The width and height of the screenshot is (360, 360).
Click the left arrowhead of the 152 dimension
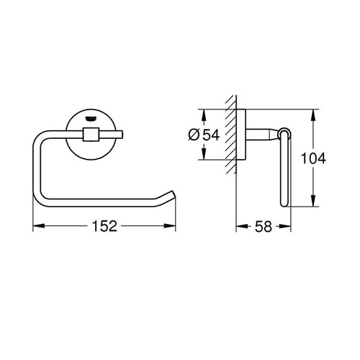pyautogui.click(x=37, y=227)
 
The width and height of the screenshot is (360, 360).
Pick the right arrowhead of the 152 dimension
pyautogui.click(x=173, y=227)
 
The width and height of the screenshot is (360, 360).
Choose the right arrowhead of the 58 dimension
pyautogui.click(x=289, y=227)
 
